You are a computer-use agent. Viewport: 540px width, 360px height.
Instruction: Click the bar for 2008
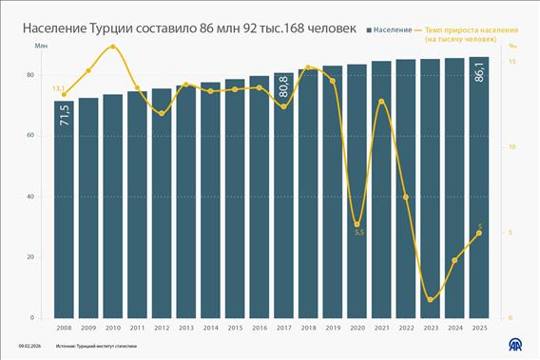coord(64,209)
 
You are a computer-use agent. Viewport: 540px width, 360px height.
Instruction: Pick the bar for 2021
coord(382,190)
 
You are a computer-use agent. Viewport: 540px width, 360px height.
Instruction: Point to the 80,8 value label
coord(284,88)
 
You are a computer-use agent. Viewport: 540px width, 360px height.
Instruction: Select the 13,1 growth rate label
coord(57,88)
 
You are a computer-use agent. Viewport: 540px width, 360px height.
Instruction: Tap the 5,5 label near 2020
coord(357,233)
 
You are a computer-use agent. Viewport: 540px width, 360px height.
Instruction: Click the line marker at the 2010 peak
coord(113,46)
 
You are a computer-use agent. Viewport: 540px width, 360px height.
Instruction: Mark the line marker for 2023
coord(431,300)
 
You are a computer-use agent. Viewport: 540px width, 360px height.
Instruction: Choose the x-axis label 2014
coord(211,327)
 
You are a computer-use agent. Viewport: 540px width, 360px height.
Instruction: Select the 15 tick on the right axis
coord(511,62)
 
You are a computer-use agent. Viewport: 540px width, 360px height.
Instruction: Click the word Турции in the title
coord(116,29)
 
